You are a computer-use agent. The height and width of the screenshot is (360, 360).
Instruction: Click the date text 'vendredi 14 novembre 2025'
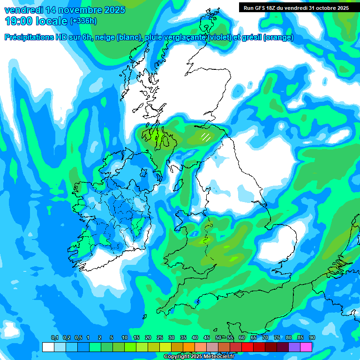[65, 10]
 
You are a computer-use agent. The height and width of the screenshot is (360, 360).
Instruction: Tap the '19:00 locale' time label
[37, 21]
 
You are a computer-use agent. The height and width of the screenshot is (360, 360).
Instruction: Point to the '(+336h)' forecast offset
[83, 21]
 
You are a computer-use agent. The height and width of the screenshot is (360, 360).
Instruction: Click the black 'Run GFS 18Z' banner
[296, 7]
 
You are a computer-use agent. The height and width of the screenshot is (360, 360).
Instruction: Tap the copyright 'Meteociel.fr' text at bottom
[192, 357]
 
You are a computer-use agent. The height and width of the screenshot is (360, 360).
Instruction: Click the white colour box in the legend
[48, 347]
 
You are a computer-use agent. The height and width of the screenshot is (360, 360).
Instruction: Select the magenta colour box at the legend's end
[306, 347]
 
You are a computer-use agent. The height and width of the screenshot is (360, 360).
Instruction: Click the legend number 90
[312, 338]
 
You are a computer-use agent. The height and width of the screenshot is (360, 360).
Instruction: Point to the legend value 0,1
[54, 338]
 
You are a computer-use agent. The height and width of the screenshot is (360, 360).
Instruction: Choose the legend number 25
[160, 338]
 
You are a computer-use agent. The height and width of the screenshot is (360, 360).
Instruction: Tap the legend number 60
[242, 338]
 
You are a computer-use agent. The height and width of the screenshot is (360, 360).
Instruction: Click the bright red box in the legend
[247, 347]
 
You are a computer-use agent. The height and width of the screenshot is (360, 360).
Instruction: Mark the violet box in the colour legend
[294, 347]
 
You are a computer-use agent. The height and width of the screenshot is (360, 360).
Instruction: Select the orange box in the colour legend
[189, 347]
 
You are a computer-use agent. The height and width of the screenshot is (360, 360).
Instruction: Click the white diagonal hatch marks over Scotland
[205, 137]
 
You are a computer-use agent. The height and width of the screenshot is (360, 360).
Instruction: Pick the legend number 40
[195, 338]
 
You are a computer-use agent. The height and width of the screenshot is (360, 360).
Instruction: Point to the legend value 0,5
[78, 338]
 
